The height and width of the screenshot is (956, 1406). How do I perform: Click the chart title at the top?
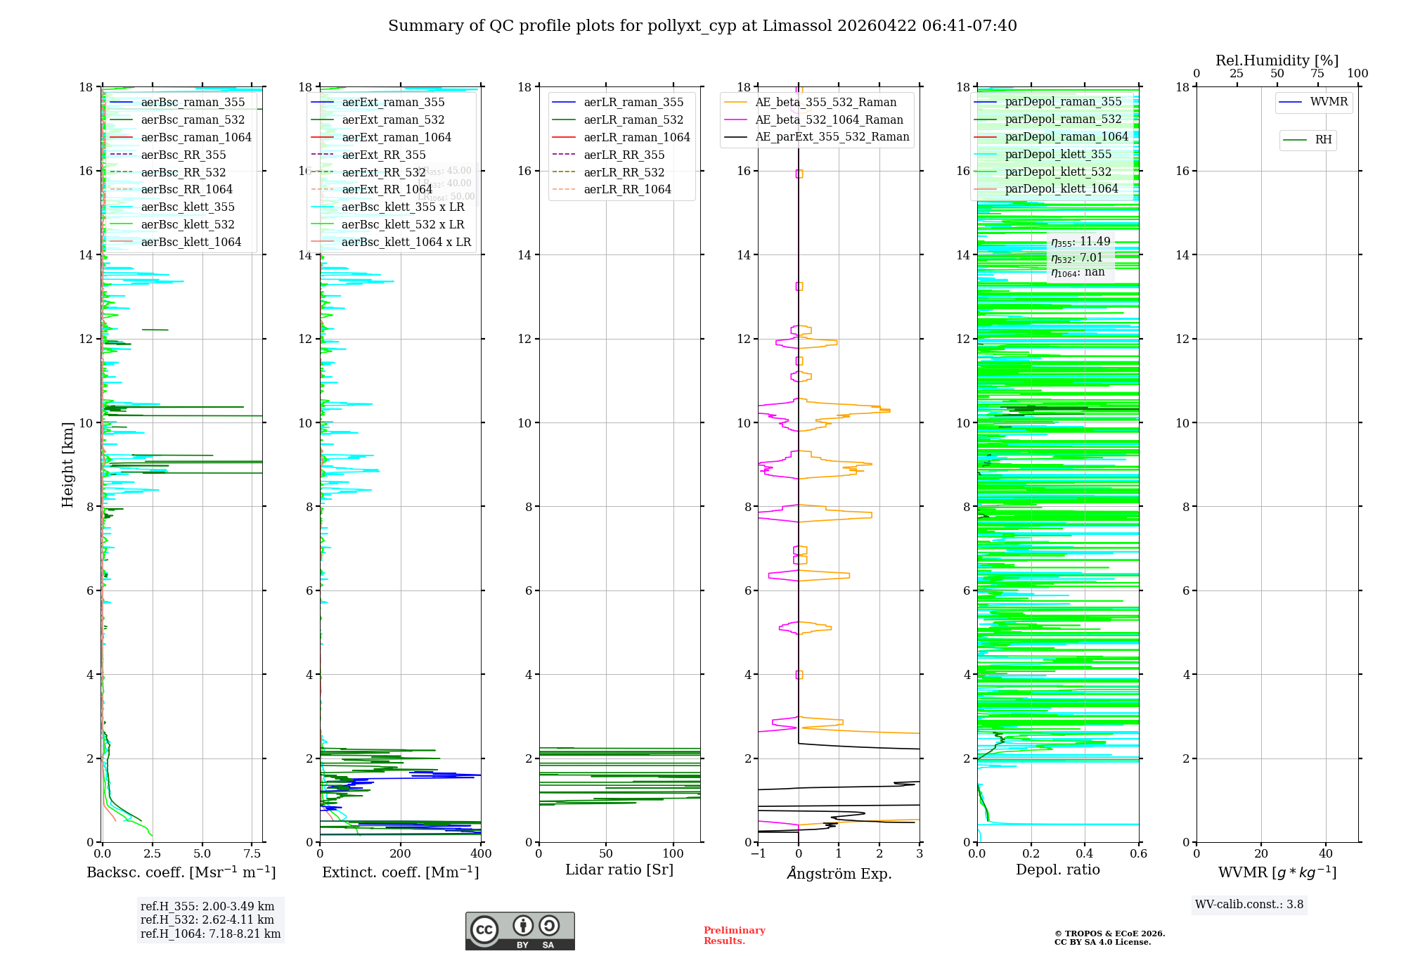point(702,26)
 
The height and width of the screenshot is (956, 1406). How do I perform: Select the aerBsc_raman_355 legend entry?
point(193,103)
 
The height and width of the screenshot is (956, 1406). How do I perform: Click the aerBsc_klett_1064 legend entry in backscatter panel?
point(191,243)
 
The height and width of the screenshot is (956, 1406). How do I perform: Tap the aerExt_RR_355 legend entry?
point(384,155)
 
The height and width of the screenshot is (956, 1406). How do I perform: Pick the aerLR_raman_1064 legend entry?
point(637,138)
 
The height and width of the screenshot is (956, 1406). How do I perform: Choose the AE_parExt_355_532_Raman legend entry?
point(832,137)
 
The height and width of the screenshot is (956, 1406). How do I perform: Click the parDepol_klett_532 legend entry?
point(1058,172)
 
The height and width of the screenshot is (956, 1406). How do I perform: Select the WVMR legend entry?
point(1329,102)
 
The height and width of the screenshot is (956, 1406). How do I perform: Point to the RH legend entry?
point(1323,140)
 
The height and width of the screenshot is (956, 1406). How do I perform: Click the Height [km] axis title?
point(67,464)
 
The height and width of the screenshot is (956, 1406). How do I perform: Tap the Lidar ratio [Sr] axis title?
point(619,870)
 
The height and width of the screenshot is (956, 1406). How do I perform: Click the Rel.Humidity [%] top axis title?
point(1277,60)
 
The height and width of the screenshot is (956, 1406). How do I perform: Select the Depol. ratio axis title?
point(1057,870)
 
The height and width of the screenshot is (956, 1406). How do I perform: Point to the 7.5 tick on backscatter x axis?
point(252,854)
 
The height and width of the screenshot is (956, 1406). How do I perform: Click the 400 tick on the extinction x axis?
point(481,854)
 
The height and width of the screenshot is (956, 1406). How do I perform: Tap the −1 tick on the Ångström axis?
point(758,854)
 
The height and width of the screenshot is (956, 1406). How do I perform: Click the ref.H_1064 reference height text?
point(210,934)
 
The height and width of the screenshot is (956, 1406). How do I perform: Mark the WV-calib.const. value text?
point(1249,905)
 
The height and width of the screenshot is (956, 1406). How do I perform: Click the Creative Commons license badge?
point(520,931)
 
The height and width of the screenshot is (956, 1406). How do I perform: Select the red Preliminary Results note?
point(734,936)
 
